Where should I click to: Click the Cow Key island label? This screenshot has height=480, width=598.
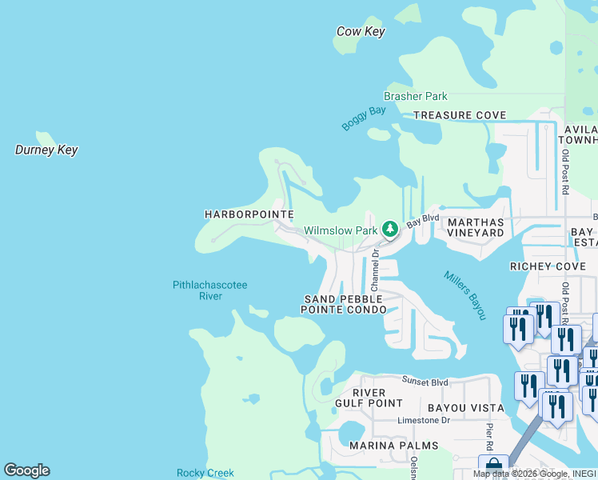[361, 32]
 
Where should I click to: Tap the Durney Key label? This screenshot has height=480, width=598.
[46, 150]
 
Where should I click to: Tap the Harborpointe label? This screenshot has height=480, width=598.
[249, 214]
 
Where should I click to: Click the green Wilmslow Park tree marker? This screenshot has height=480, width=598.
[389, 230]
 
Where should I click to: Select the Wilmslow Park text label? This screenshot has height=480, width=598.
[340, 231]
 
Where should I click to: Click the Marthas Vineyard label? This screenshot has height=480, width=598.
[476, 227]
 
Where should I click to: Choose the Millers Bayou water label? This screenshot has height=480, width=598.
[464, 295]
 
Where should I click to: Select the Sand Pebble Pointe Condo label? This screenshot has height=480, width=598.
[344, 304]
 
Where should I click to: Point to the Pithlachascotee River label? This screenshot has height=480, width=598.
[209, 290]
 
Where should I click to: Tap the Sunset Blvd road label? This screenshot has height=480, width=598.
[425, 382]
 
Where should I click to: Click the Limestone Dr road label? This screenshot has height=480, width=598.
[424, 420]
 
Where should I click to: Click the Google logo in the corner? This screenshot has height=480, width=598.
[26, 470]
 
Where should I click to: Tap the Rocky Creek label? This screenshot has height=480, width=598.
[205, 474]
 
